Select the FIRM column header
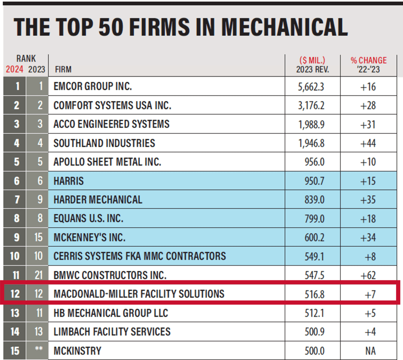[x=63, y=70]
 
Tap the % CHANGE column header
[x=368, y=60]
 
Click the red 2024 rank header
[x=14, y=69]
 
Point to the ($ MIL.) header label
[x=312, y=60]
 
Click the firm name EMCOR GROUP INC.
[x=92, y=86]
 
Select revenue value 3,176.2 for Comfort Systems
[x=311, y=106]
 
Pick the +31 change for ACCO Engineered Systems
[x=368, y=124]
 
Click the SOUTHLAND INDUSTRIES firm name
[x=104, y=143]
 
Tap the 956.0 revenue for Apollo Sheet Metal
[x=314, y=162]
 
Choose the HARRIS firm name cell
[x=68, y=181]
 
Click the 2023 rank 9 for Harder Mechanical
[x=40, y=199]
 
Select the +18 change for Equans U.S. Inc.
[x=368, y=219]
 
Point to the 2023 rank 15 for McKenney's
[x=38, y=237]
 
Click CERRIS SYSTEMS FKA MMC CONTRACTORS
[x=139, y=256]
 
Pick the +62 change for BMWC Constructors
[x=368, y=275]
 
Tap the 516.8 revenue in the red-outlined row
[x=314, y=294]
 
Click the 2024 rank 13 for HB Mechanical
[x=15, y=313]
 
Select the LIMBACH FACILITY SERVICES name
[x=112, y=332]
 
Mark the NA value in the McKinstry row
[x=370, y=351]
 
